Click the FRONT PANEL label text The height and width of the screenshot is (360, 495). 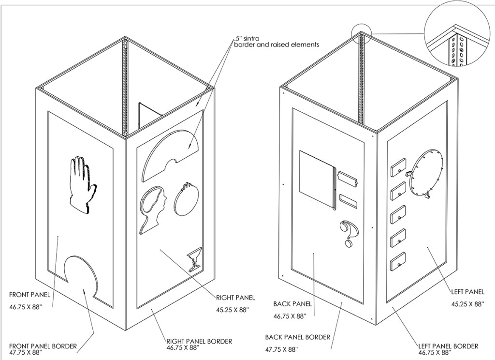[x=29, y=294]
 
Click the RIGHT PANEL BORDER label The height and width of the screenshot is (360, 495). [x=199, y=341]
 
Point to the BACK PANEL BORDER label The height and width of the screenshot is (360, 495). [x=297, y=337]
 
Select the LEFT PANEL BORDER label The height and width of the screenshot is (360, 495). [x=448, y=346]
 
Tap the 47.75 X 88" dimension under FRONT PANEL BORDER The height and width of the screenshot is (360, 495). [x=27, y=353]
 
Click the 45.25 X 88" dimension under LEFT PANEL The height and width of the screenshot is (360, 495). [x=467, y=304]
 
